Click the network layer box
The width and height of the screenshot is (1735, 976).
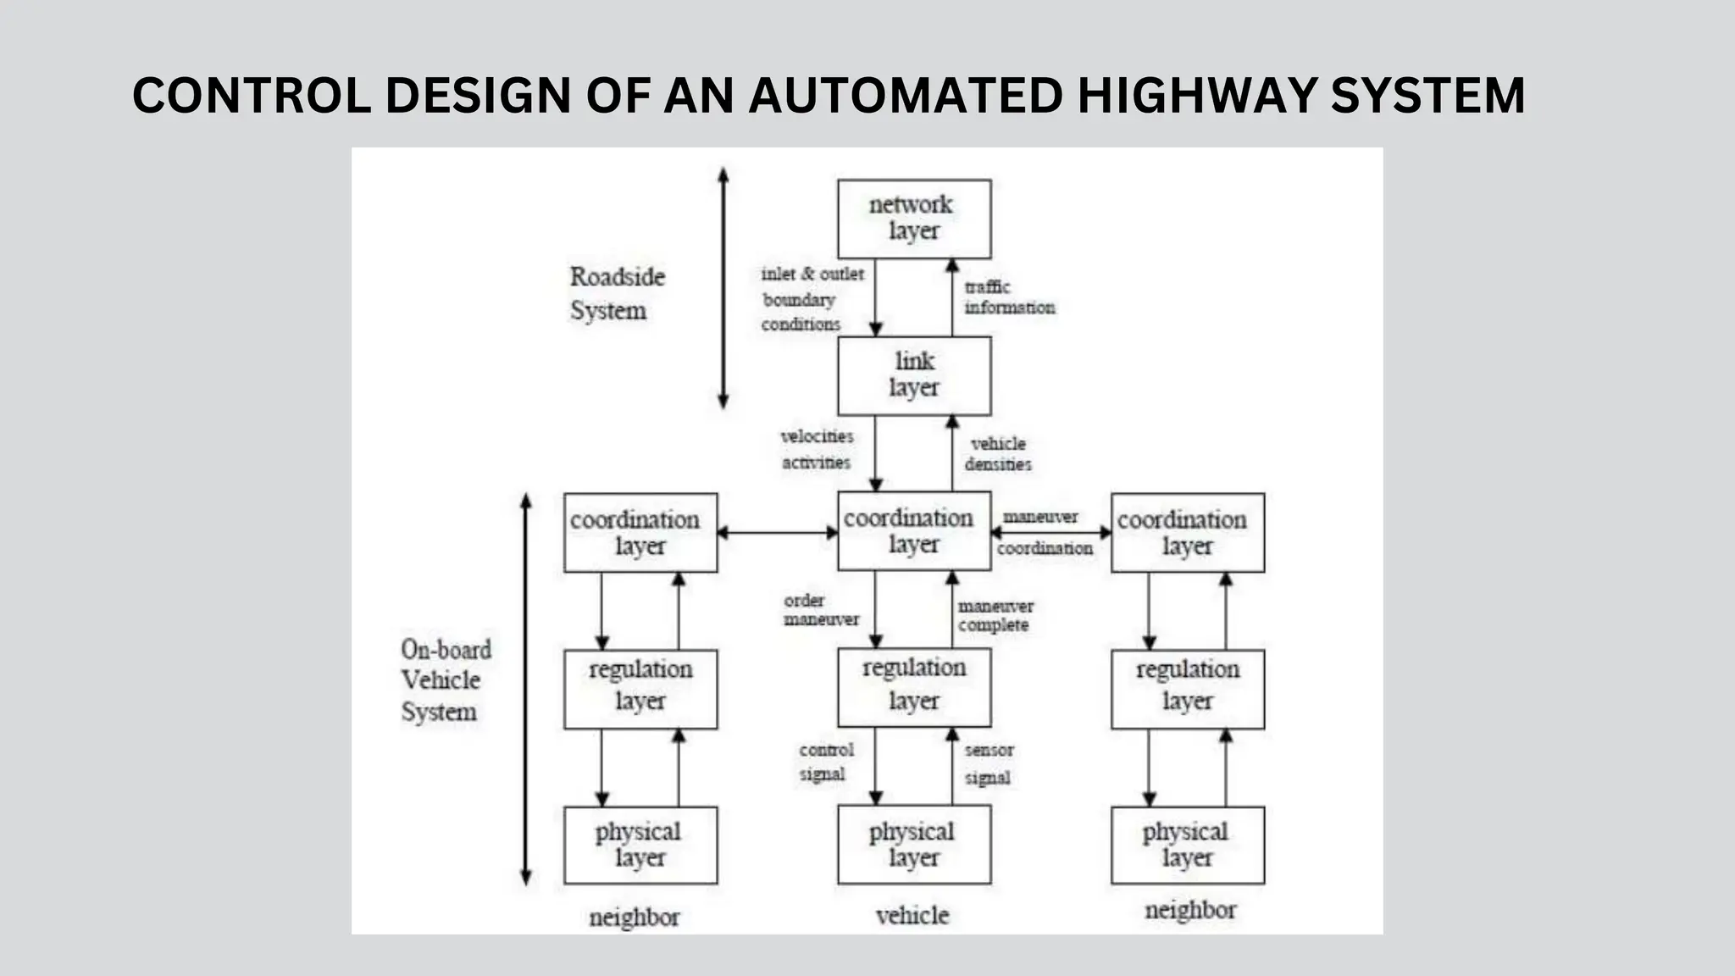(x=913, y=219)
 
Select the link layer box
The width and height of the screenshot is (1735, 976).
(x=913, y=375)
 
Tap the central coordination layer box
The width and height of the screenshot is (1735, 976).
(x=913, y=531)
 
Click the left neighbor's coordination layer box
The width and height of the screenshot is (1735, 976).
(x=640, y=533)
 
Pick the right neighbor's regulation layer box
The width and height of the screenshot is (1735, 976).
(x=1187, y=689)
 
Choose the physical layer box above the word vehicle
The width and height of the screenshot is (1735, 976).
(x=913, y=845)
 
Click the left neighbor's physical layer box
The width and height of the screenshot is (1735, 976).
(x=640, y=845)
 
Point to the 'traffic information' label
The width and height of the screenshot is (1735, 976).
(x=1008, y=297)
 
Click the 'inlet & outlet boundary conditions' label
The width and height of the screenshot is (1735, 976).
(x=810, y=299)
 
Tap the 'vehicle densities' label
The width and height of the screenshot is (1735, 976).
(x=998, y=454)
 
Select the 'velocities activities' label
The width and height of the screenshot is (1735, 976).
(x=817, y=449)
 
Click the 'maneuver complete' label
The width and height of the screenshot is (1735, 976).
(x=995, y=616)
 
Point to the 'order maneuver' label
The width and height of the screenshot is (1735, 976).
(x=820, y=610)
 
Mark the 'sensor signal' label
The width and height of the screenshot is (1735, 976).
(x=988, y=763)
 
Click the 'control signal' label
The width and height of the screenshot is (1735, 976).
(x=825, y=762)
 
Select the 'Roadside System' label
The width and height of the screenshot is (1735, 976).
(x=616, y=293)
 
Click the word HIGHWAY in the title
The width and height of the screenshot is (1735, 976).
(x=1195, y=95)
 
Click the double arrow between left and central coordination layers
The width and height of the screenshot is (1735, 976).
(x=777, y=533)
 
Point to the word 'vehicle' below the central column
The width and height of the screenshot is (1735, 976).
(x=912, y=915)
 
